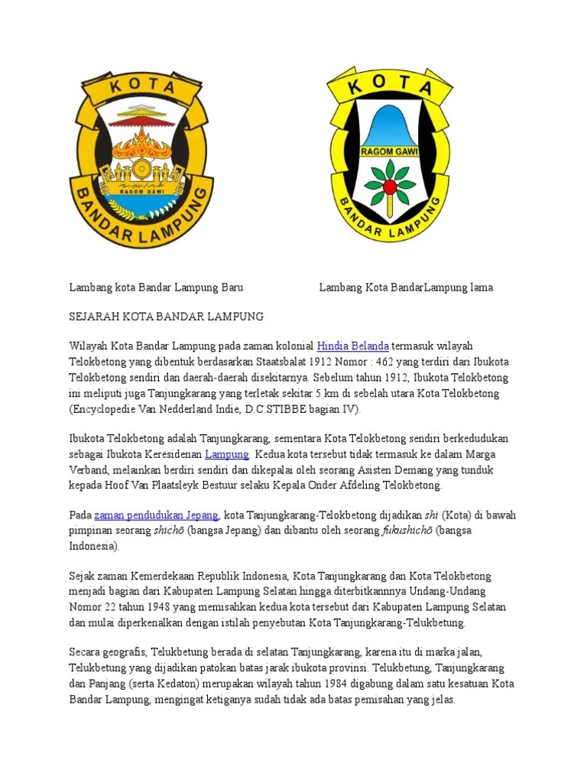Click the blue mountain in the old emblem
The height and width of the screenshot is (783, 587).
389,126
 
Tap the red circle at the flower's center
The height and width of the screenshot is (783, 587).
390,186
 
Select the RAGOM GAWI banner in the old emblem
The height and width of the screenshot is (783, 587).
390,151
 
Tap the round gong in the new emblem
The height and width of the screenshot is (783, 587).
141,167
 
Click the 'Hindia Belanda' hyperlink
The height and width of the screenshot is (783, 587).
353,346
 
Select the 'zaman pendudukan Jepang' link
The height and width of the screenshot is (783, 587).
157,515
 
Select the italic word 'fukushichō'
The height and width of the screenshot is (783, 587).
407,531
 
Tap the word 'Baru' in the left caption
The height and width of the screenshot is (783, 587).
232,288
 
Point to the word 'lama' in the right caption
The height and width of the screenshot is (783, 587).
480,288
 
